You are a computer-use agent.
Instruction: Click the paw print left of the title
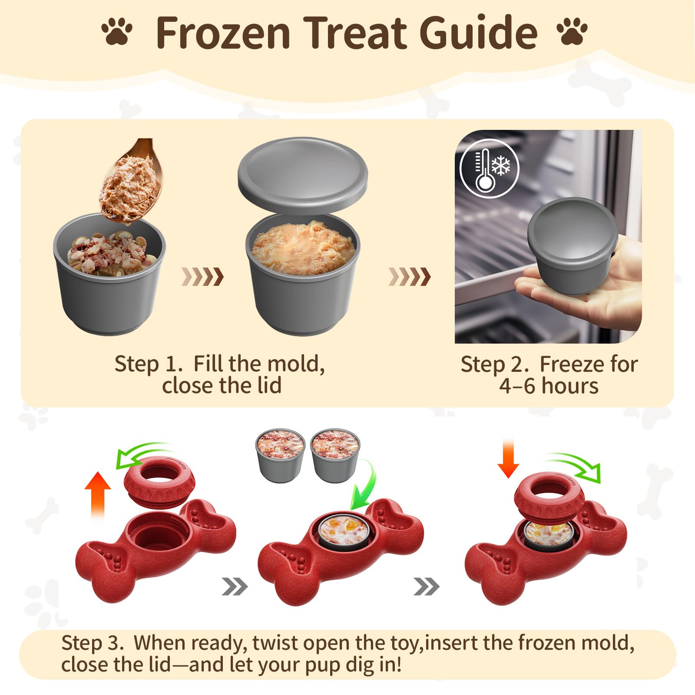pyautogui.click(x=117, y=31)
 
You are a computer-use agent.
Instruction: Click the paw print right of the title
pyautogui.click(x=572, y=31)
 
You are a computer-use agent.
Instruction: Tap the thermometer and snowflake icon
pyautogui.click(x=490, y=169)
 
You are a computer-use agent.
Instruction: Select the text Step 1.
pyautogui.click(x=148, y=364)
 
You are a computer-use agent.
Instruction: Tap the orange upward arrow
pyautogui.click(x=98, y=495)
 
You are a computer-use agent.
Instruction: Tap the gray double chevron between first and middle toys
pyautogui.click(x=235, y=587)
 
